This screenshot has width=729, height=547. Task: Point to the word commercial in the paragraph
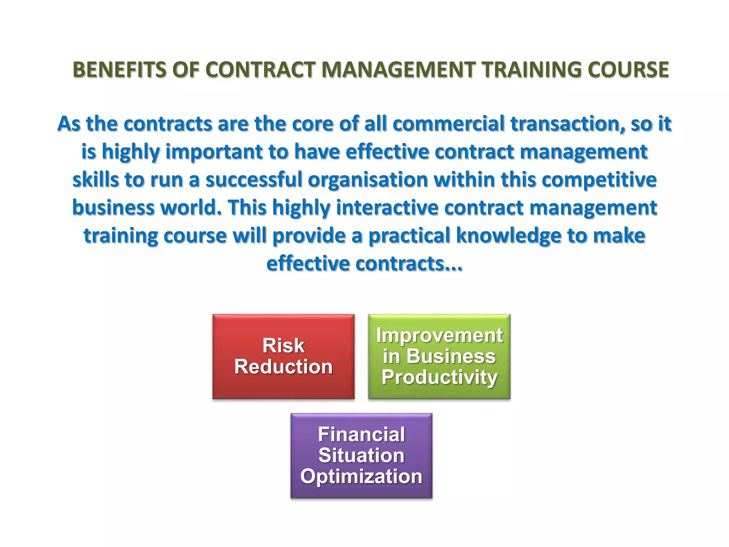pos(449,124)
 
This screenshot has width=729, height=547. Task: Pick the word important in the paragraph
pos(214,152)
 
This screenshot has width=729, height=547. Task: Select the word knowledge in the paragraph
pos(509,236)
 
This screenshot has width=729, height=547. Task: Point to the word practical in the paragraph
pos(409,236)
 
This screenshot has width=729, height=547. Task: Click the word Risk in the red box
pos(283,346)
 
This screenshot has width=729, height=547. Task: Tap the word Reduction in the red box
pos(283,367)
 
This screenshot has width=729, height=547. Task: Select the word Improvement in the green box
pos(439,335)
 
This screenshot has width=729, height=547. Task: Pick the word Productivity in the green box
pos(439,377)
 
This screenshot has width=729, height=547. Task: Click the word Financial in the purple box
pos(361,435)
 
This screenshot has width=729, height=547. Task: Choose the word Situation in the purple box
pos(361,455)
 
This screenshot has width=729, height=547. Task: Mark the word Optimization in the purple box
pos(361,476)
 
